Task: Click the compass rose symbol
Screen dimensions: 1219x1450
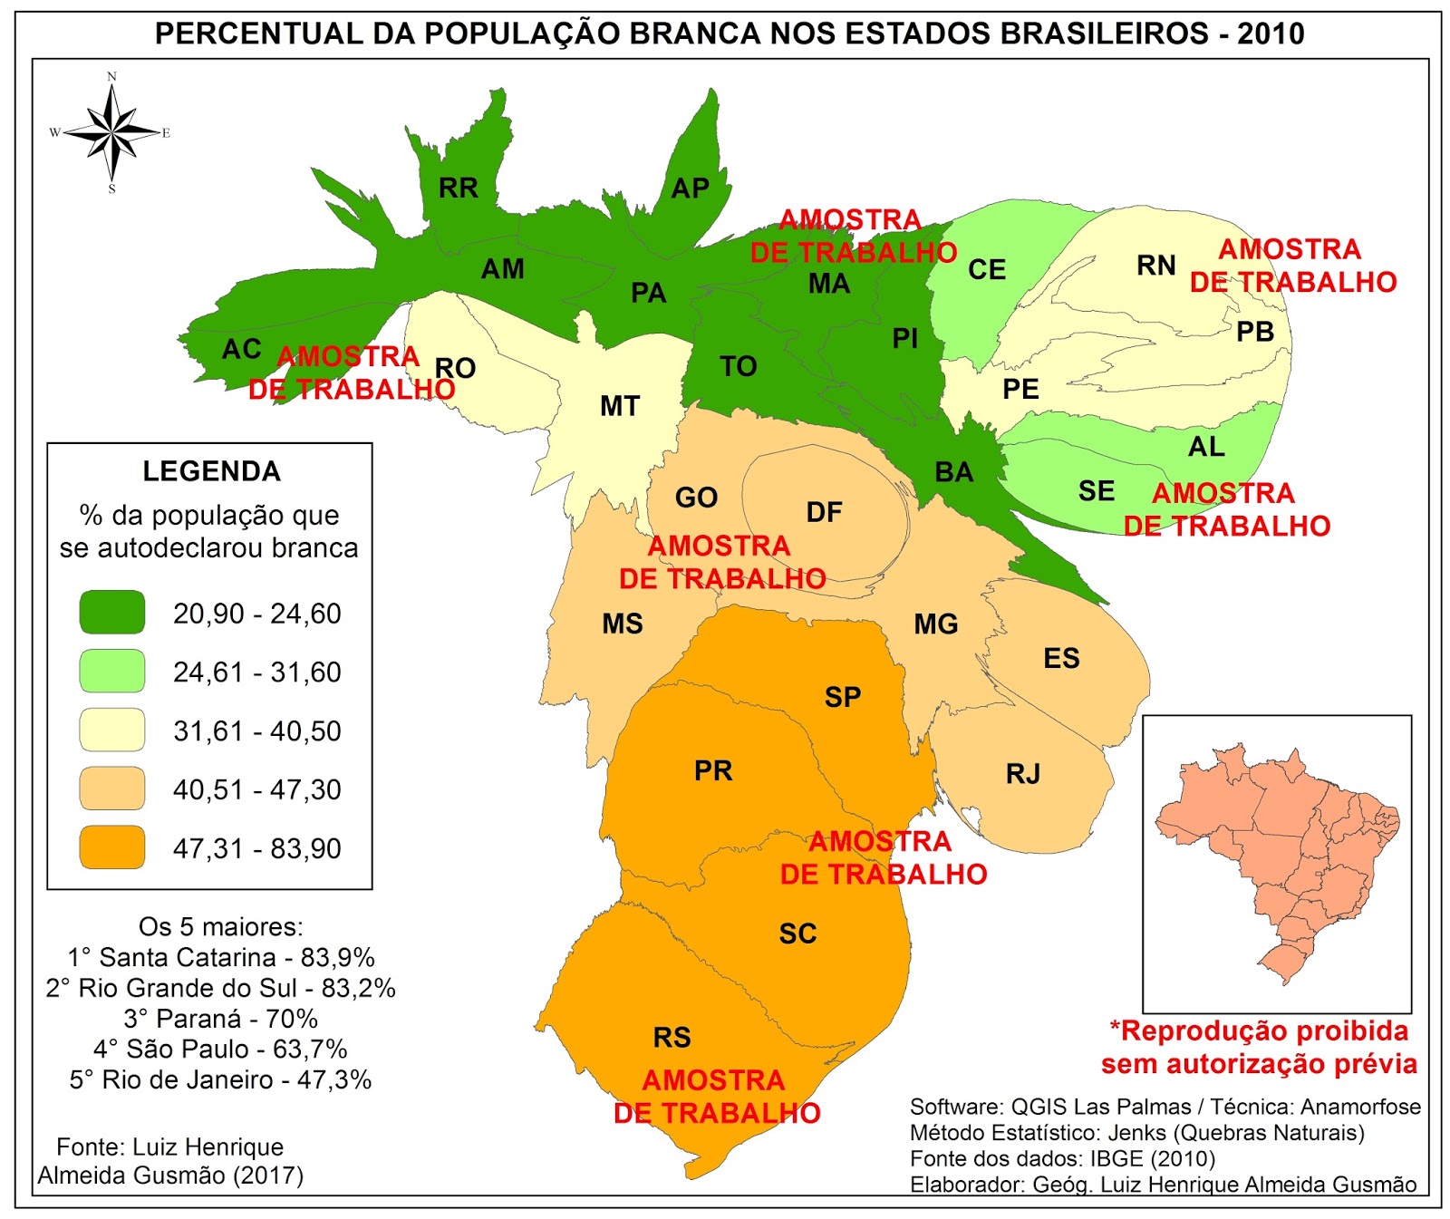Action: click(111, 132)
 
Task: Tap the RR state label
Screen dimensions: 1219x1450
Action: click(459, 188)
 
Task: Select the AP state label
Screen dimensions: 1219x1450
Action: click(690, 188)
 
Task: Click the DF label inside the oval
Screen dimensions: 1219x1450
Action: click(824, 512)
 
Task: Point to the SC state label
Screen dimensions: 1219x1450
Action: click(797, 934)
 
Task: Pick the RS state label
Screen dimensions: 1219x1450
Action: click(672, 1037)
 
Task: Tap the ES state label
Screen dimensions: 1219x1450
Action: click(1061, 658)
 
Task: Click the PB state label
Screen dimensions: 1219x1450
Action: click(1255, 332)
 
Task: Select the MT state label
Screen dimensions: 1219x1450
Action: click(620, 406)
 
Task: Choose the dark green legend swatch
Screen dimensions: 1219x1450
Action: click(112, 613)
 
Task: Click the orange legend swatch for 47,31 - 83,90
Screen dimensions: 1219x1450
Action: click(112, 847)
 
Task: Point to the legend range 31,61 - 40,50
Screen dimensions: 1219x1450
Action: click(257, 730)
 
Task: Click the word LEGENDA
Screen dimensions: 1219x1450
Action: click(212, 471)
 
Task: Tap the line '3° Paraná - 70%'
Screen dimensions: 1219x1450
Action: click(220, 1019)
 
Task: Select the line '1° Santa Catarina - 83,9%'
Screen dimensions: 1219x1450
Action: click(220, 957)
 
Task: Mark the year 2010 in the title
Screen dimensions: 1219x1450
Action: click(1271, 34)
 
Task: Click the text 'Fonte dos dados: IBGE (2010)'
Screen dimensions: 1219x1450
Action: click(1062, 1158)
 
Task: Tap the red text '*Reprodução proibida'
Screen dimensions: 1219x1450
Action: click(1259, 1031)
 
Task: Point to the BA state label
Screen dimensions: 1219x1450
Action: click(954, 472)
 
